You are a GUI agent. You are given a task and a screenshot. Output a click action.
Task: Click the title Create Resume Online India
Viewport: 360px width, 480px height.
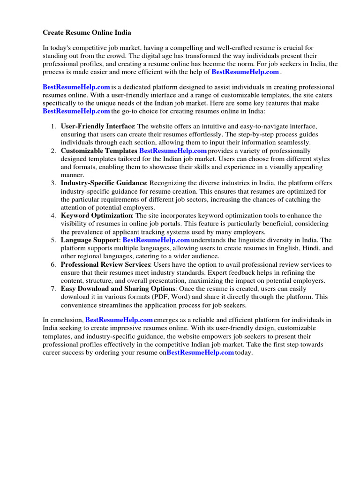point(87,33)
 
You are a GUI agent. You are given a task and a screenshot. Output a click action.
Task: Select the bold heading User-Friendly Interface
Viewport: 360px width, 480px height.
point(97,127)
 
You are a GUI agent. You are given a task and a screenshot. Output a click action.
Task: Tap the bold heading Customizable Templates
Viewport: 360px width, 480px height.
point(99,151)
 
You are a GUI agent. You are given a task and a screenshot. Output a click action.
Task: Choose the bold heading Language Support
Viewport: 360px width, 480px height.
point(90,240)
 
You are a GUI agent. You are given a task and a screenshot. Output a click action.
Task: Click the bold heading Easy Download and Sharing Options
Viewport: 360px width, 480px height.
point(118,289)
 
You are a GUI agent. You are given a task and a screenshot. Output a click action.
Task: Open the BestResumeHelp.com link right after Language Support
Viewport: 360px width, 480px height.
point(156,240)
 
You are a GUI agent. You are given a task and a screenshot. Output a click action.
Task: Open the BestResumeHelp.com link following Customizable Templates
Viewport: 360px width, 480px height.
point(173,151)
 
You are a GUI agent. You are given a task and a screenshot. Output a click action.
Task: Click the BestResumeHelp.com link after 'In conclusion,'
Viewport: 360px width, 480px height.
point(119,320)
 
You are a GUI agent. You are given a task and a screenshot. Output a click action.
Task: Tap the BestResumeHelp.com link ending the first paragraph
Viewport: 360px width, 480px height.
point(245,72)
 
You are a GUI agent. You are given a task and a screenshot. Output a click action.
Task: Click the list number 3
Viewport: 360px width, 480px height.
point(53,183)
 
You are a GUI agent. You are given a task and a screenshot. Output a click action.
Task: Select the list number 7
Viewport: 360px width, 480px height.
point(53,289)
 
